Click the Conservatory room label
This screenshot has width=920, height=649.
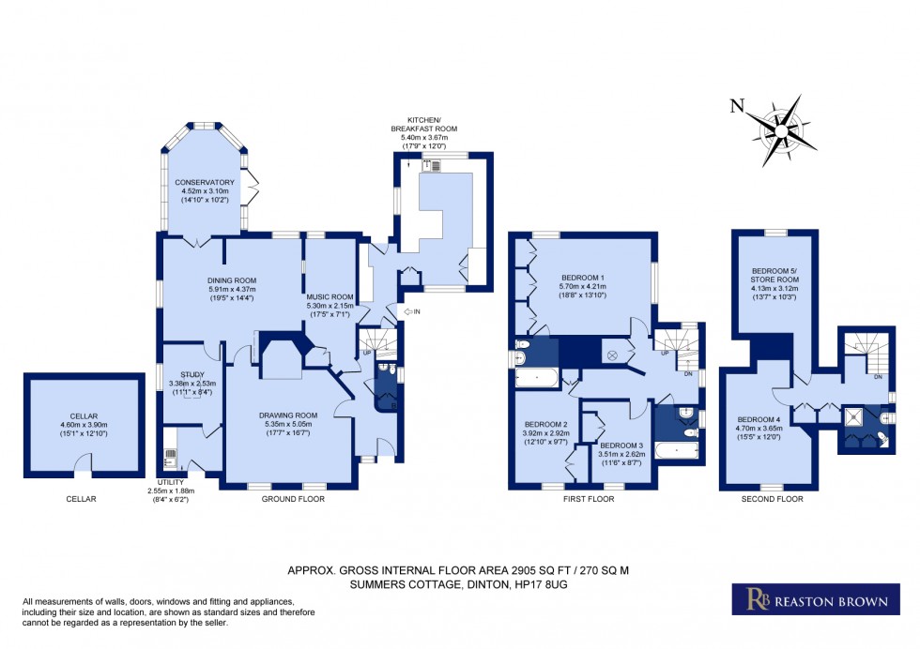204,183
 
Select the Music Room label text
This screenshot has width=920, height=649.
329,297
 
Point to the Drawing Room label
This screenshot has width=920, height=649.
288,415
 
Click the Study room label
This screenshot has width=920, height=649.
192,374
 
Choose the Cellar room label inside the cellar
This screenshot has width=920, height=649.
84,415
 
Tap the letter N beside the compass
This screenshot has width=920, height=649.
738,106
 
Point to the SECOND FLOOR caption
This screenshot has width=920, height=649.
773,499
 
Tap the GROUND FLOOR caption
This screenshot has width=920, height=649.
294,499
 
